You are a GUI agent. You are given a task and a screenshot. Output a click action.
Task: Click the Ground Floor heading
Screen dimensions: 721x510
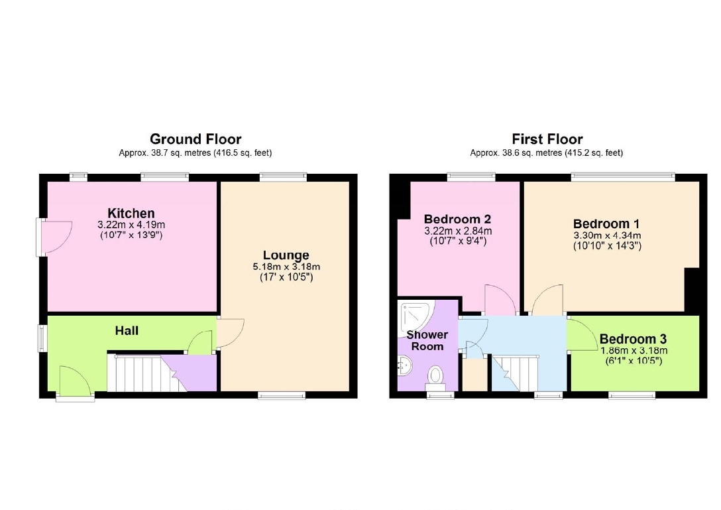coord(195,139)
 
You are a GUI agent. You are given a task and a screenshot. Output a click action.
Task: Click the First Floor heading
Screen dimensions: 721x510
coord(547,139)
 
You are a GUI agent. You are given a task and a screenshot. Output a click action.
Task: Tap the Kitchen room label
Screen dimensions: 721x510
coord(131,213)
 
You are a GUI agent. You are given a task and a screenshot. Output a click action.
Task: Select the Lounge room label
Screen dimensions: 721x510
coord(286,255)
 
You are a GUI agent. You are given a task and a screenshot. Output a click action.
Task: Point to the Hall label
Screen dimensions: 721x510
coord(127,330)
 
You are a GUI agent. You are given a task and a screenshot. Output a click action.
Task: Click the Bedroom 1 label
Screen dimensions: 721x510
coord(606,224)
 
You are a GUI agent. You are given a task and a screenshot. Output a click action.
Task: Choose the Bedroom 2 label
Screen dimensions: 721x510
coord(457,219)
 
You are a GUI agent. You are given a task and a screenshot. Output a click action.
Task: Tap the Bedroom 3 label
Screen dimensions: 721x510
coord(633,340)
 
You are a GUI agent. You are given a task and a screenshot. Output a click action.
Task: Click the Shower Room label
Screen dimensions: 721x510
coord(427,341)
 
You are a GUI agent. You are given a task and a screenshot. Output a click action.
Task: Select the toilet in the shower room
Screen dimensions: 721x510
coord(435,375)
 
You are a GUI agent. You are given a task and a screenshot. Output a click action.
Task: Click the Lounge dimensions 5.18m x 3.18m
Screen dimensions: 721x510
coord(286,267)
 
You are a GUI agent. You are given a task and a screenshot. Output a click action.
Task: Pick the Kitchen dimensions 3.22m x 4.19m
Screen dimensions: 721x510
coord(131,225)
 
